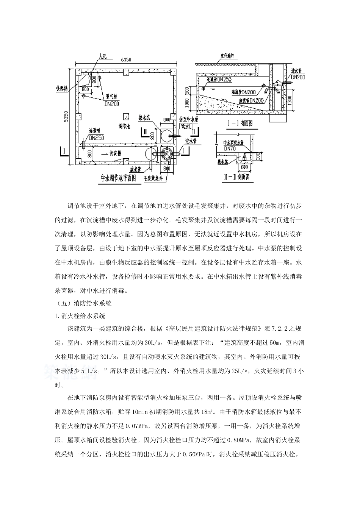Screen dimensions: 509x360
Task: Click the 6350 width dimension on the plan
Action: click(125, 59)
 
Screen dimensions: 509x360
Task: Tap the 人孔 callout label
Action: click(103, 56)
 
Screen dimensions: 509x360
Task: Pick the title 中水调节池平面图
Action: click(118, 178)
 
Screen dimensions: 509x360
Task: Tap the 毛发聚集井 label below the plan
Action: click(153, 177)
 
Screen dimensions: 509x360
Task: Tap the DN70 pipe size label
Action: click(230, 148)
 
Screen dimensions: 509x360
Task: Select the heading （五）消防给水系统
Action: click(83, 303)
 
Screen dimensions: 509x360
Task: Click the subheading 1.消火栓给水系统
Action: click(80, 315)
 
